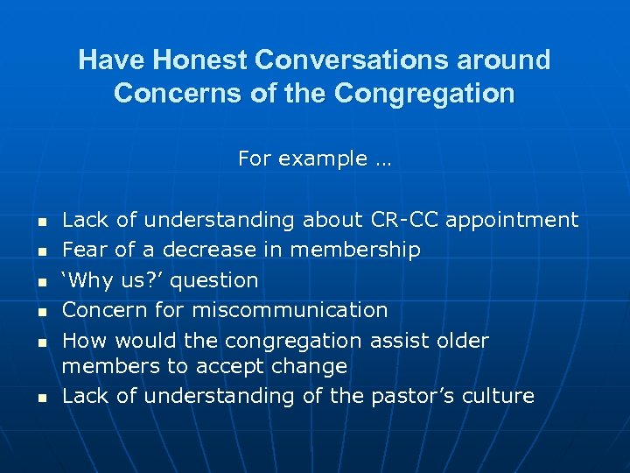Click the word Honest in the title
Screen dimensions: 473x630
202,60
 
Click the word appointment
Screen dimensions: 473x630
513,221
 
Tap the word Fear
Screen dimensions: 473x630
85,250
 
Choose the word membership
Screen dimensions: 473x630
355,250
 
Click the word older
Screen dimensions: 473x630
464,340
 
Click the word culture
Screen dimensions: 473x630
497,396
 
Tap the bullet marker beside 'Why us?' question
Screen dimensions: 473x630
41,282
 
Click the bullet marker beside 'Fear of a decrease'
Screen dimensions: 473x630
41,251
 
